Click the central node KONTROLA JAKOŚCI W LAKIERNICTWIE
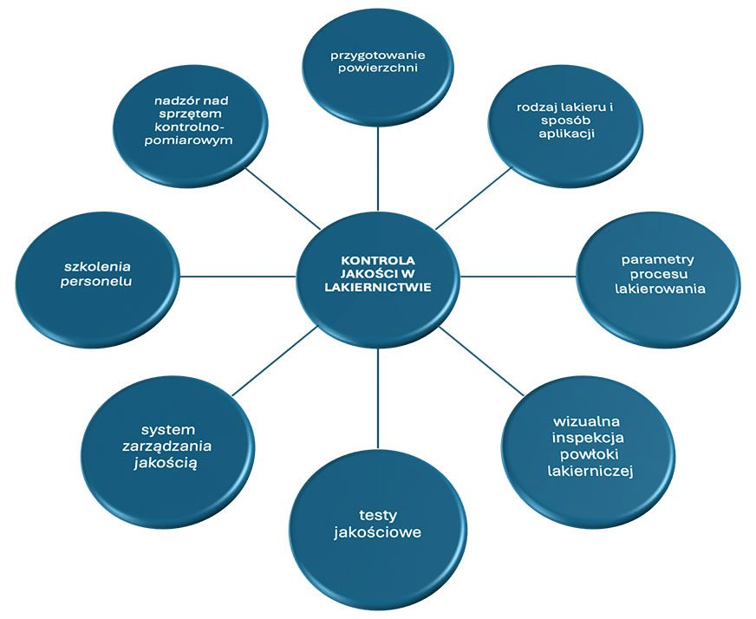point(378,276)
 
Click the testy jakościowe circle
point(378,525)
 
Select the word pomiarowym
point(192,140)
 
